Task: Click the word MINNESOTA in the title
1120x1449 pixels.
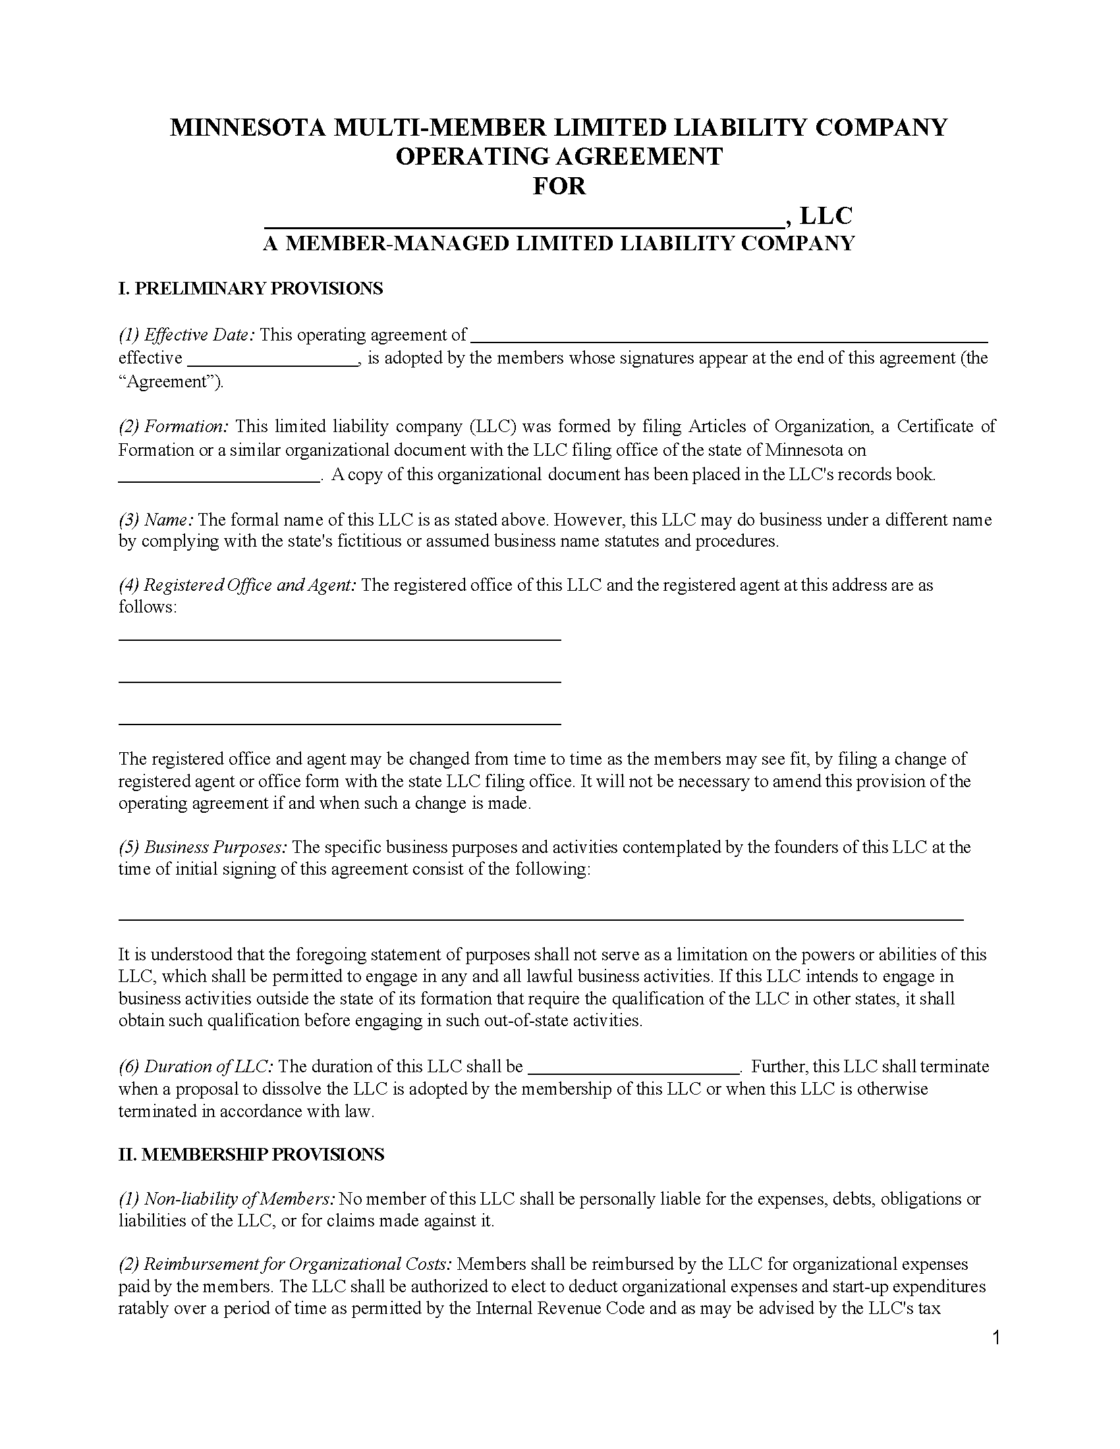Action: (248, 127)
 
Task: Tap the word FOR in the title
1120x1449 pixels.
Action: (559, 186)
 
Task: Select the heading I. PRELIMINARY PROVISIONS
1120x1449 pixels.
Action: (251, 288)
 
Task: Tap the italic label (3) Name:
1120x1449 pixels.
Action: (156, 520)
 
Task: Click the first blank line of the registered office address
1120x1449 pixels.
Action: (340, 638)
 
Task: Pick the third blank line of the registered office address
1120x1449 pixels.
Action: (340, 723)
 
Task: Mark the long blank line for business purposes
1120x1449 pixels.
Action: (541, 919)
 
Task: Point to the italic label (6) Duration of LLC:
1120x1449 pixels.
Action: (196, 1067)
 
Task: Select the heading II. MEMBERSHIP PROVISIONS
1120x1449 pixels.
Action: (252, 1155)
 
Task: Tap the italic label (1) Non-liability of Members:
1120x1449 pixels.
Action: (226, 1199)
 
